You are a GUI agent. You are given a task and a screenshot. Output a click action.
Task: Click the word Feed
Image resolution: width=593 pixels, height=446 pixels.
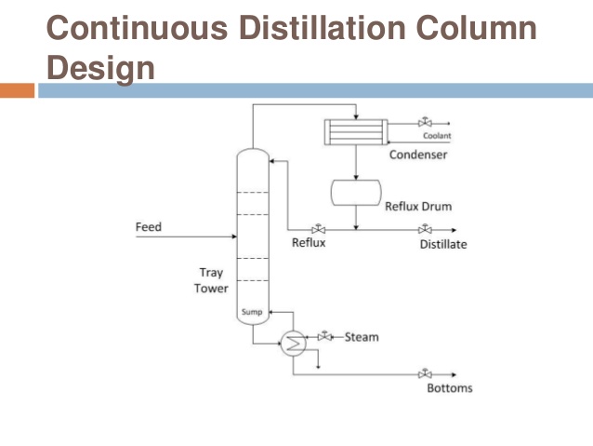[149, 226]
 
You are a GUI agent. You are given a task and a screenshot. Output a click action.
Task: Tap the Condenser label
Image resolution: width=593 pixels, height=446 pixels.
[418, 155]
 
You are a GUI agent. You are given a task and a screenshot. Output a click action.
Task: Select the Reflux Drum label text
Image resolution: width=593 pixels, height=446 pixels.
[418, 206]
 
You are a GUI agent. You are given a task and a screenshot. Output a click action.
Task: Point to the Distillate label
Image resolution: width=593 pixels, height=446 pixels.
[443, 244]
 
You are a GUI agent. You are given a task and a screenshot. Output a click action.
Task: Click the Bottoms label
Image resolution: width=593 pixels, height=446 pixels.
[450, 388]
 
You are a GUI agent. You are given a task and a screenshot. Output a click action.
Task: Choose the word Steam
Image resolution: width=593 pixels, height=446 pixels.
[362, 337]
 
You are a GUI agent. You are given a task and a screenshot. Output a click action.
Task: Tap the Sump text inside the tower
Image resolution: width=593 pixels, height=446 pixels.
[252, 312]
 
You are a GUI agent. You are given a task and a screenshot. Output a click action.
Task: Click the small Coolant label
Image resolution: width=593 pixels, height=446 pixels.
[437, 135]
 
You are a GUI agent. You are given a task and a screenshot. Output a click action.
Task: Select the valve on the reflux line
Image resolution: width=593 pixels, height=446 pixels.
[319, 229]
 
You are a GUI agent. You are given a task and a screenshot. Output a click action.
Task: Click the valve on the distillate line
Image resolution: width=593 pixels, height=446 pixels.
[425, 229]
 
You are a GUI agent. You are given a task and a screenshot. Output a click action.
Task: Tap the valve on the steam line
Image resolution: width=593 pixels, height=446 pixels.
[325, 336]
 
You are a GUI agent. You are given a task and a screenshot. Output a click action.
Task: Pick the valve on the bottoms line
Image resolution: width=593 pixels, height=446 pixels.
[425, 373]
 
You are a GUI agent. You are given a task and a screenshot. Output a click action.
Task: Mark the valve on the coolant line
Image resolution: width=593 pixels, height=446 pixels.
[425, 122]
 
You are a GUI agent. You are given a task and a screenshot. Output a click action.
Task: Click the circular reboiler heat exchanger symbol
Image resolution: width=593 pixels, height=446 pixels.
[294, 344]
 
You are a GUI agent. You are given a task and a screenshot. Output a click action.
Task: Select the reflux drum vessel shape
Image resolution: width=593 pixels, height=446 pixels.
[356, 193]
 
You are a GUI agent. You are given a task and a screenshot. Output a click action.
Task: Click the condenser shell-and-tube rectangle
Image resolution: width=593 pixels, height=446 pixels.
[356, 132]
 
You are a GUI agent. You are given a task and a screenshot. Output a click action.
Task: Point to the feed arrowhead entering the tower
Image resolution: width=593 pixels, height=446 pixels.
[234, 237]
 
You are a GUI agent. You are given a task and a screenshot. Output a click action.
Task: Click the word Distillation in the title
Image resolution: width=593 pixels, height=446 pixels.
[323, 27]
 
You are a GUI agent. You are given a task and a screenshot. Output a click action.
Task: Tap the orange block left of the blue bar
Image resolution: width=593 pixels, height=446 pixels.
[17, 90]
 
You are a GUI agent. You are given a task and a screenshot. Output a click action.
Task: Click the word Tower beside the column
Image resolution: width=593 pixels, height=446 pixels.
[211, 289]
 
